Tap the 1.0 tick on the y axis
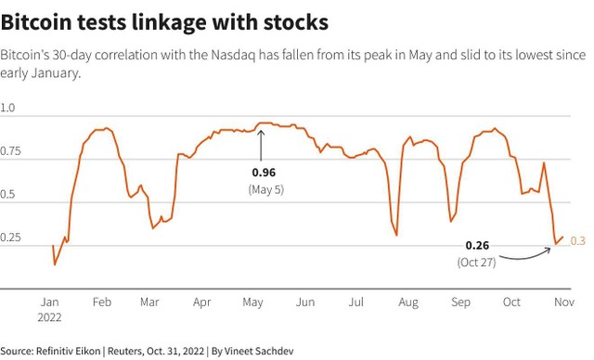pos(8,109)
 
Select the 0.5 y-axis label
pos(8,195)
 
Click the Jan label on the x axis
pos(50,302)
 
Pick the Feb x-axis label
pos(101,302)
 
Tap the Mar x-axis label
pos(148,302)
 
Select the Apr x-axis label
pos(201,302)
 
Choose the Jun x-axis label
pos(303,302)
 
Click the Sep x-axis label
pos(460,302)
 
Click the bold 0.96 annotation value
pos(264,173)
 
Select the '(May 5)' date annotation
pos(264,188)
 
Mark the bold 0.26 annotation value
pos(477,246)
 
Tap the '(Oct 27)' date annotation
pos(477,263)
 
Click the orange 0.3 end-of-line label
pos(577,241)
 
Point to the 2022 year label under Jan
pos(51,316)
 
